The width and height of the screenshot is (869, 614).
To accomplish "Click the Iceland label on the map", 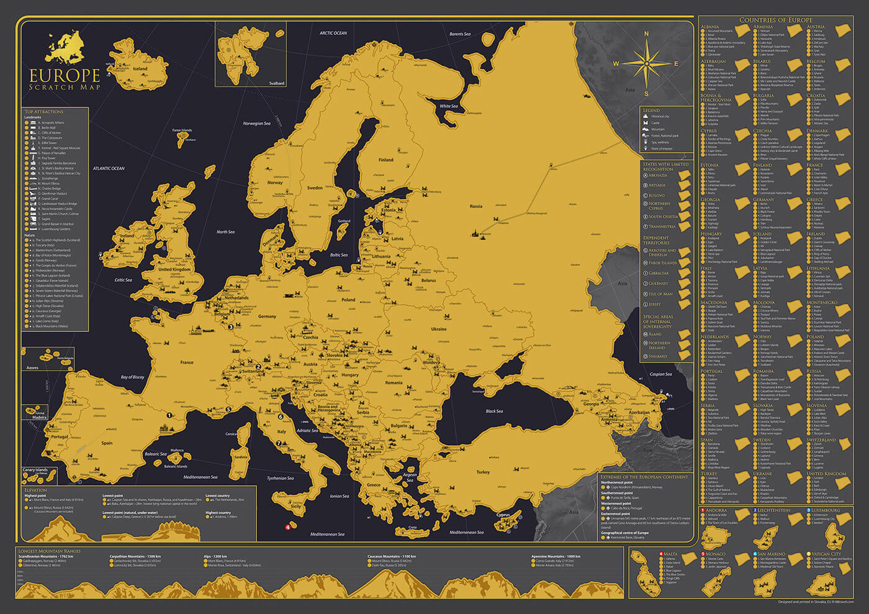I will click(140, 69).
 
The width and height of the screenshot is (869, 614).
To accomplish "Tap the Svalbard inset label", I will click(277, 83).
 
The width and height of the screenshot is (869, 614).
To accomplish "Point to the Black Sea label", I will click(494, 411).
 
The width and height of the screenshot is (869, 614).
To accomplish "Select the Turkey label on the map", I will click(483, 472).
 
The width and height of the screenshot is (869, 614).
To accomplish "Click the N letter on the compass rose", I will click(646, 35).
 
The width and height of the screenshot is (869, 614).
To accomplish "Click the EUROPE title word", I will click(65, 76).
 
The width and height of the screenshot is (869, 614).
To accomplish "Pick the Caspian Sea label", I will click(660, 374).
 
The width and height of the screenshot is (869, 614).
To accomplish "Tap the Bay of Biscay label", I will click(132, 377).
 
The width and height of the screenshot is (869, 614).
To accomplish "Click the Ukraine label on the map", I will click(438, 329).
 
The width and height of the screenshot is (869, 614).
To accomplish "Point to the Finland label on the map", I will click(386, 160).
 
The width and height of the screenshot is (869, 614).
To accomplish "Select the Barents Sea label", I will click(460, 34).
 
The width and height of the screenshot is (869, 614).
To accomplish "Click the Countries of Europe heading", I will click(775, 20).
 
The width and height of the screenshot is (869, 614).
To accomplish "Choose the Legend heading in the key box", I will click(651, 111).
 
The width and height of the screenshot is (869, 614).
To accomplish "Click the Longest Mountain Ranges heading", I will click(50, 551).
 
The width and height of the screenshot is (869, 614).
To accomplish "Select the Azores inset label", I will click(32, 368).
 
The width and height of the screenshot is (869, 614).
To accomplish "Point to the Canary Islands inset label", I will click(35, 470).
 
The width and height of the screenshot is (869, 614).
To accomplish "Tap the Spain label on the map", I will click(107, 443).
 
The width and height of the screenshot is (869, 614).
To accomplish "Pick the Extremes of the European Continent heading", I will click(644, 477).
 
